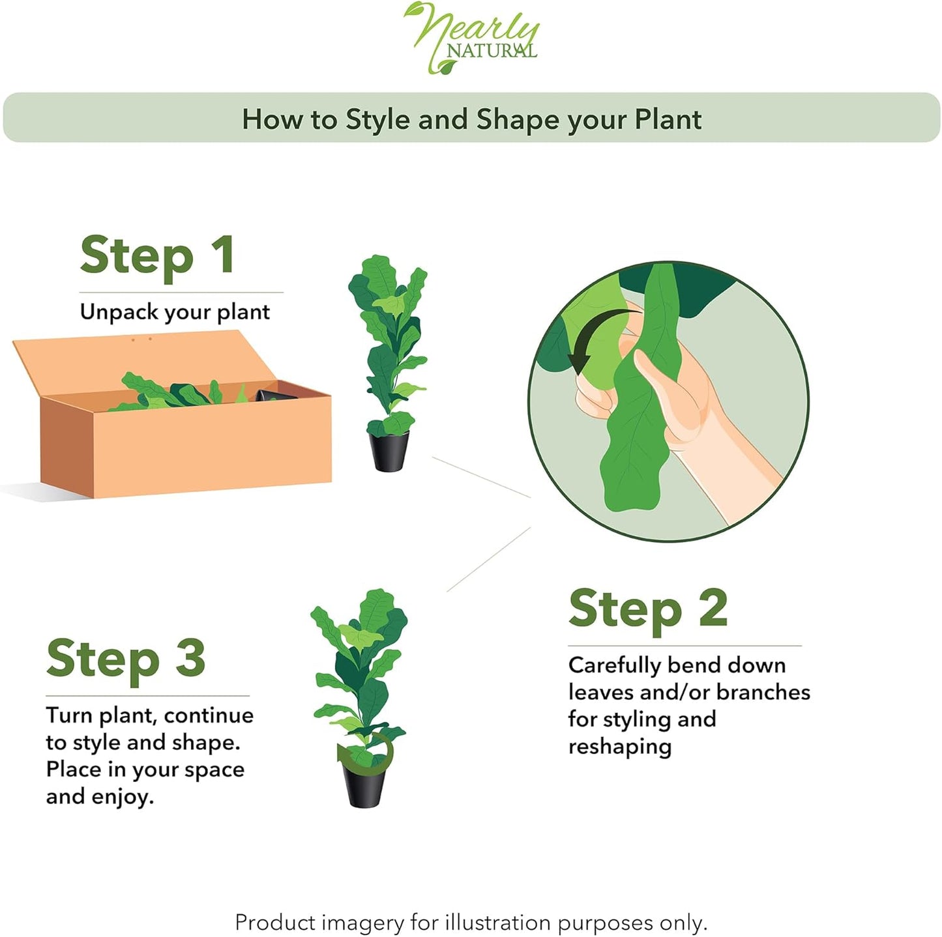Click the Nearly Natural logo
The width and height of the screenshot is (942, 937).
click(x=473, y=36)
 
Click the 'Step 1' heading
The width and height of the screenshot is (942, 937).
click(x=157, y=255)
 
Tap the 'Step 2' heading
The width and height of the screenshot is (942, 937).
click(x=647, y=609)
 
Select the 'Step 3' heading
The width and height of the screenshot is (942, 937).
click(x=126, y=659)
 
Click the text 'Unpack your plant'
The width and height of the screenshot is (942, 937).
click(x=175, y=312)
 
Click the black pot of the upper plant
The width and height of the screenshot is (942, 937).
click(x=389, y=451)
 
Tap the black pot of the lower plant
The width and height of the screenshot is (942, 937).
click(x=364, y=786)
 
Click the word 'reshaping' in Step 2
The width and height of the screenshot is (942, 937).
click(x=619, y=747)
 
